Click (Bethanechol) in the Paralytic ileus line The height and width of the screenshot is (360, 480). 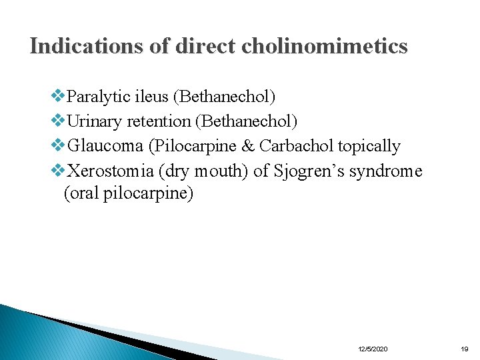click(224, 97)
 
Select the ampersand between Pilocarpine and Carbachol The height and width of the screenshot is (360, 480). click(247, 146)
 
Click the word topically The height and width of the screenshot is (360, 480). click(369, 146)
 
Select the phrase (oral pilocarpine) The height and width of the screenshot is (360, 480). click(128, 194)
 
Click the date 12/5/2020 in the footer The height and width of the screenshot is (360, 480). click(373, 349)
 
